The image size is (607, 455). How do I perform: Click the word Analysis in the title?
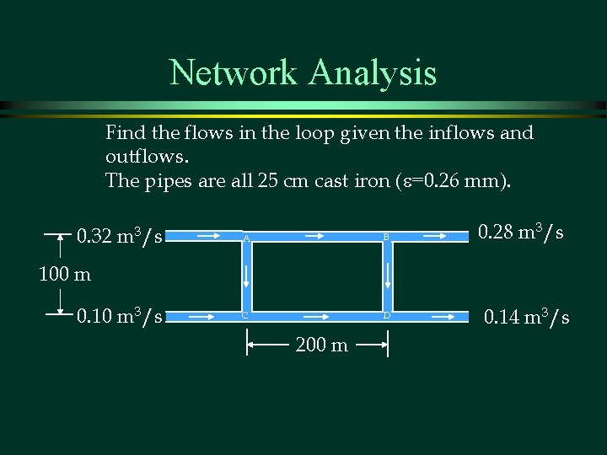pyautogui.click(x=373, y=72)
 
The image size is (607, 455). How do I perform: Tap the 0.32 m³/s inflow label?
pyautogui.click(x=120, y=236)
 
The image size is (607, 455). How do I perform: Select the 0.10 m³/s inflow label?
pyautogui.click(x=120, y=317)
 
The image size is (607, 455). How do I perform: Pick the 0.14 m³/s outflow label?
pyautogui.click(x=526, y=317)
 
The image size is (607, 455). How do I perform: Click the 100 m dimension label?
pyautogui.click(x=63, y=274)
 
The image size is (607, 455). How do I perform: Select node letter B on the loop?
pyautogui.click(x=386, y=238)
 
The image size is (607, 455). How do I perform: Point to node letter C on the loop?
pyautogui.click(x=245, y=316)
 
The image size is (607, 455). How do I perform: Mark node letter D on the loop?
pyautogui.click(x=386, y=316)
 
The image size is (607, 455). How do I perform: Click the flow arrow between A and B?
pyautogui.click(x=316, y=238)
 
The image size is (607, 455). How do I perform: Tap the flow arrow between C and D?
pyautogui.click(x=314, y=318)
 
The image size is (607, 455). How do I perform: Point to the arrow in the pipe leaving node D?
pyautogui.click(x=443, y=318)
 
